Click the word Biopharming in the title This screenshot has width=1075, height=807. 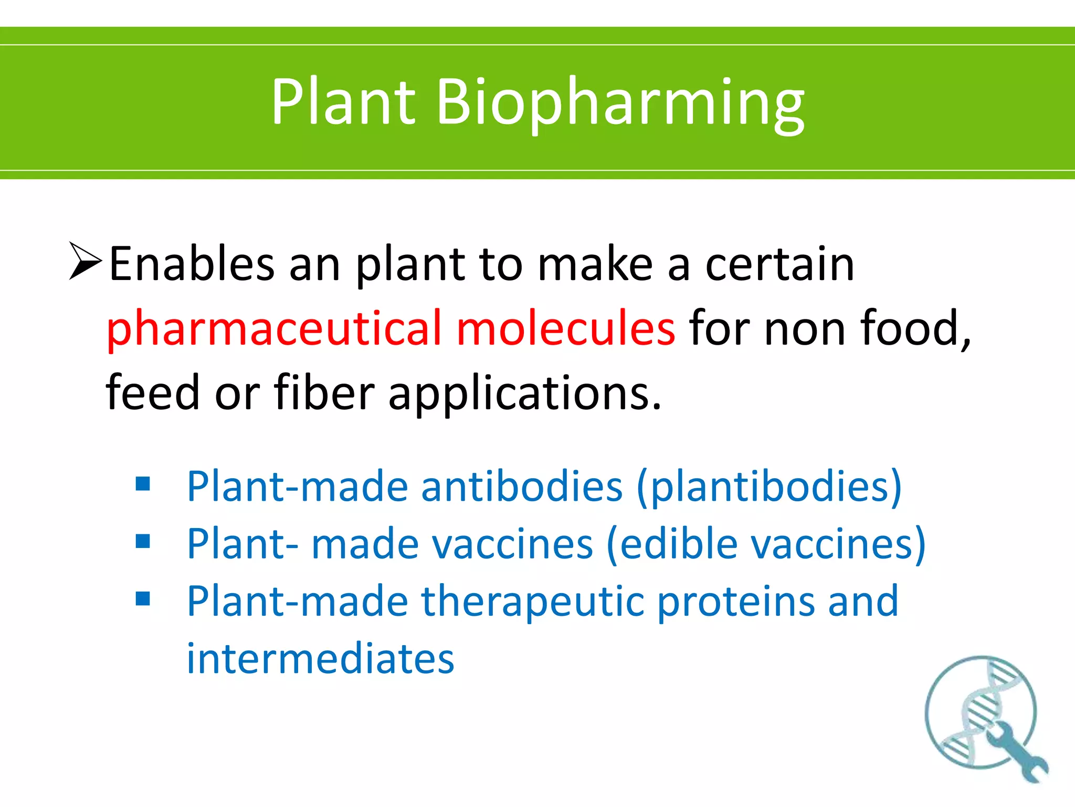pos(619,102)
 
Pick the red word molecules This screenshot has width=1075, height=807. pos(566,329)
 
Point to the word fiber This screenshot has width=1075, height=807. pos(324,392)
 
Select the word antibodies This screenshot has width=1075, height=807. pos(522,487)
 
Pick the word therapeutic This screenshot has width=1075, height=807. pos(532,602)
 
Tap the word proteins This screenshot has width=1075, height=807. pos(736,602)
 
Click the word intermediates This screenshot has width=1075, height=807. pos(320,659)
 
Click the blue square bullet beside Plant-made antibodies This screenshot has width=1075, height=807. pos(143,483)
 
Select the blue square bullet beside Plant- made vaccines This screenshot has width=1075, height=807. pos(143,541)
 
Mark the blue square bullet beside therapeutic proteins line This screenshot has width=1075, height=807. pos(143,599)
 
